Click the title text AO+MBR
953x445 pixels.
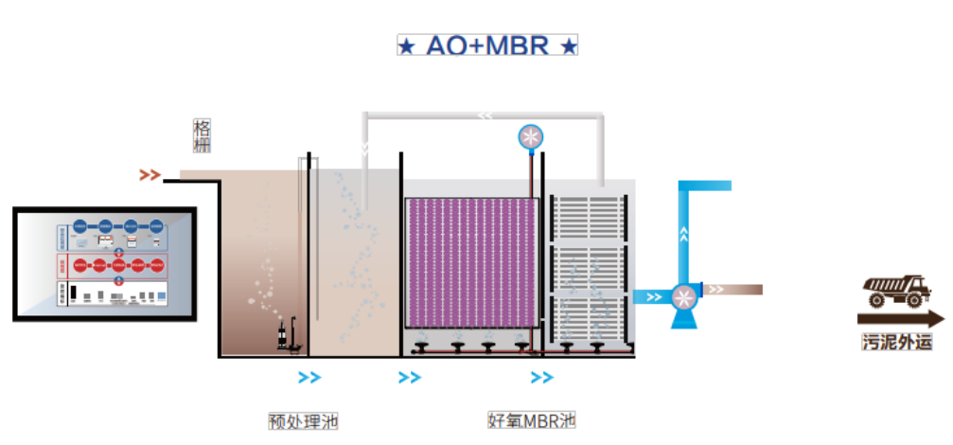486,45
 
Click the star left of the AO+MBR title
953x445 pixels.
405,46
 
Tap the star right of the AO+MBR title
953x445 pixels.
569,46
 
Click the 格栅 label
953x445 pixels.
202,135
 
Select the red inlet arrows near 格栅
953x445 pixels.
149,174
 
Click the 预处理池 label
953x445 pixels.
303,420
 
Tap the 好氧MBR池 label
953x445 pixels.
531,419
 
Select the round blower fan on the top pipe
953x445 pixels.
531,137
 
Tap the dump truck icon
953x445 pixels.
898,291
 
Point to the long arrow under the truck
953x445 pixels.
900,319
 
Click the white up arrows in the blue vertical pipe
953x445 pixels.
683,229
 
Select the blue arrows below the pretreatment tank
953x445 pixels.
309,378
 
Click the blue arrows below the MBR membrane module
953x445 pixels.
541,378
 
